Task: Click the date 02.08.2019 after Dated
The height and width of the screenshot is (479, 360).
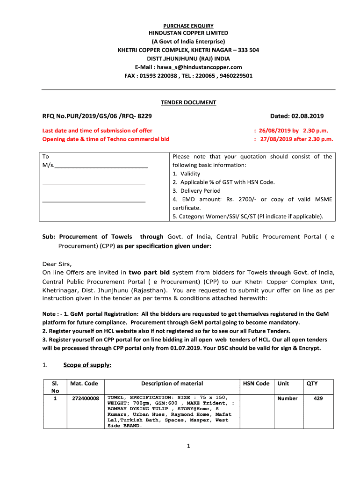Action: click(x=307, y=116)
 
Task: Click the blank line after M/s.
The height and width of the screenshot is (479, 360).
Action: click(x=101, y=165)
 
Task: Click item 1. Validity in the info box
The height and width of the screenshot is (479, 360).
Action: click(x=187, y=174)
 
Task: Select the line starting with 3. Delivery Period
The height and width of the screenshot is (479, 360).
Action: click(x=196, y=191)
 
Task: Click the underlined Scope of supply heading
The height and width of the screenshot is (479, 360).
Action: click(x=87, y=365)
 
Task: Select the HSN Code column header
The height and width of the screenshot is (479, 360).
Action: click(x=256, y=383)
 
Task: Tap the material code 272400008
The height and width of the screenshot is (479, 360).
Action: click(x=86, y=398)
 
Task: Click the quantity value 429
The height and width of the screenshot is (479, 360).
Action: click(x=317, y=398)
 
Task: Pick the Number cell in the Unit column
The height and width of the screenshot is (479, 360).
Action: click(x=288, y=398)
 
